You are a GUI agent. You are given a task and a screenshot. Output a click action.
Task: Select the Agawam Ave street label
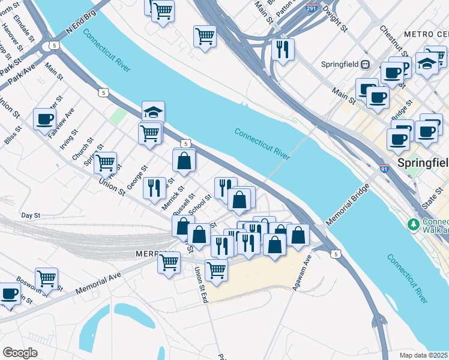pyautogui.click(x=301, y=273)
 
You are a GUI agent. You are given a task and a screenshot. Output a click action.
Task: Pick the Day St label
pyautogui.click(x=30, y=215)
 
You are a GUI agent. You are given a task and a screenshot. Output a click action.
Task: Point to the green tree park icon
pyautogui.click(x=412, y=224)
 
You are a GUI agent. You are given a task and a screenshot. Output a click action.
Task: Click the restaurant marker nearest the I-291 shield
pyautogui.click(x=282, y=49)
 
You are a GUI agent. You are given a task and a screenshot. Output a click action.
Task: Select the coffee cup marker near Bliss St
pyautogui.click(x=44, y=119)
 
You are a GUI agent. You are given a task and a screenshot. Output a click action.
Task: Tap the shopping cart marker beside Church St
pyautogui.click(x=105, y=161)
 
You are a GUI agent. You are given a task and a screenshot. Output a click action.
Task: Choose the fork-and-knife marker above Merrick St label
pyautogui.click(x=154, y=187)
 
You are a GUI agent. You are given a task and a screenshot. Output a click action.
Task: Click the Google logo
pyautogui.click(x=20, y=353)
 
